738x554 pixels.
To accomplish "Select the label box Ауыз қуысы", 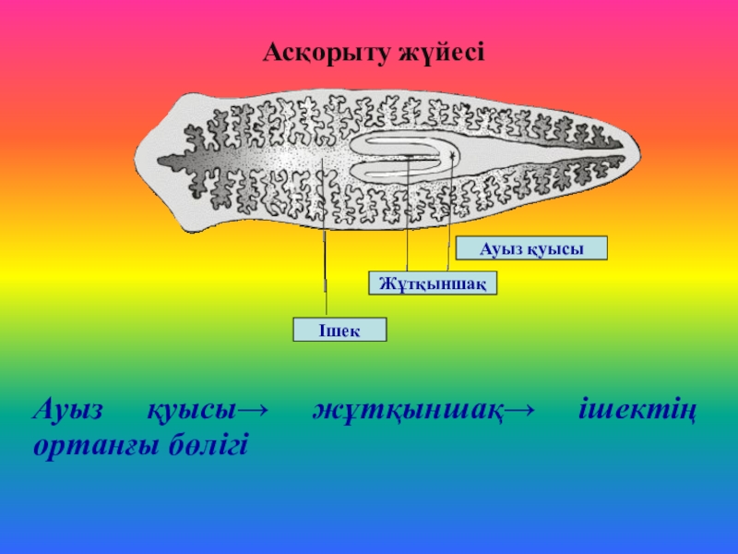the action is (532, 247).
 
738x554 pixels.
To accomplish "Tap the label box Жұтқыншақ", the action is (433, 283).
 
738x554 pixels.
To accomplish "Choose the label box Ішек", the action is (339, 330).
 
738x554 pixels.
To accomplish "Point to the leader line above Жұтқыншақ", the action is (408, 231).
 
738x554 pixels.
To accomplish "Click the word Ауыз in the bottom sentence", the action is (70, 410).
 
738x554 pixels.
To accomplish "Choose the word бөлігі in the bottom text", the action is (208, 445).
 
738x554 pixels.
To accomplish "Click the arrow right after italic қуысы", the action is (253, 410).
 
